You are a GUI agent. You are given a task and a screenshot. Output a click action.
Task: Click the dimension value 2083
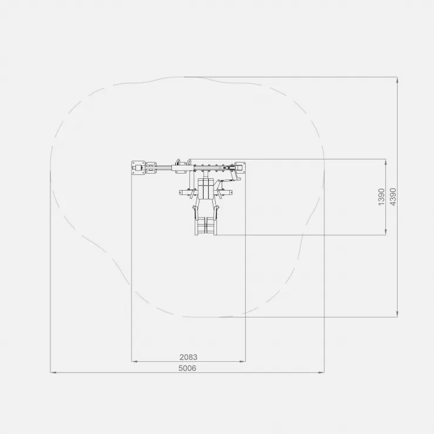pos(188,357)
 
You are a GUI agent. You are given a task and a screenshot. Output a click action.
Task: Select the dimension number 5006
pos(188,368)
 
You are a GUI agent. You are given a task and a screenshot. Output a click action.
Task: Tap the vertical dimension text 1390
pos(381,197)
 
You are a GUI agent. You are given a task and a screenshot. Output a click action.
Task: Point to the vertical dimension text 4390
pos(393,197)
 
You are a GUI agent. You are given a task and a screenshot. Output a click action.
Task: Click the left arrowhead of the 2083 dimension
pos(134,361)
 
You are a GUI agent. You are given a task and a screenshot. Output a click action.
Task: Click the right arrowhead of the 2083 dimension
pos(243,361)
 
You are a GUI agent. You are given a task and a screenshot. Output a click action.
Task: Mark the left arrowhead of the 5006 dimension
pos(53,372)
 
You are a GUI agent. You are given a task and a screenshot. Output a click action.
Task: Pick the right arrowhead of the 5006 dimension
pos(321,372)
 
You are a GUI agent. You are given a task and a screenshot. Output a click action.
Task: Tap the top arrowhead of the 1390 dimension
pos(385,162)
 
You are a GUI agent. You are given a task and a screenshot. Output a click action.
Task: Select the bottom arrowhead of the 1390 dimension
pos(385,232)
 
